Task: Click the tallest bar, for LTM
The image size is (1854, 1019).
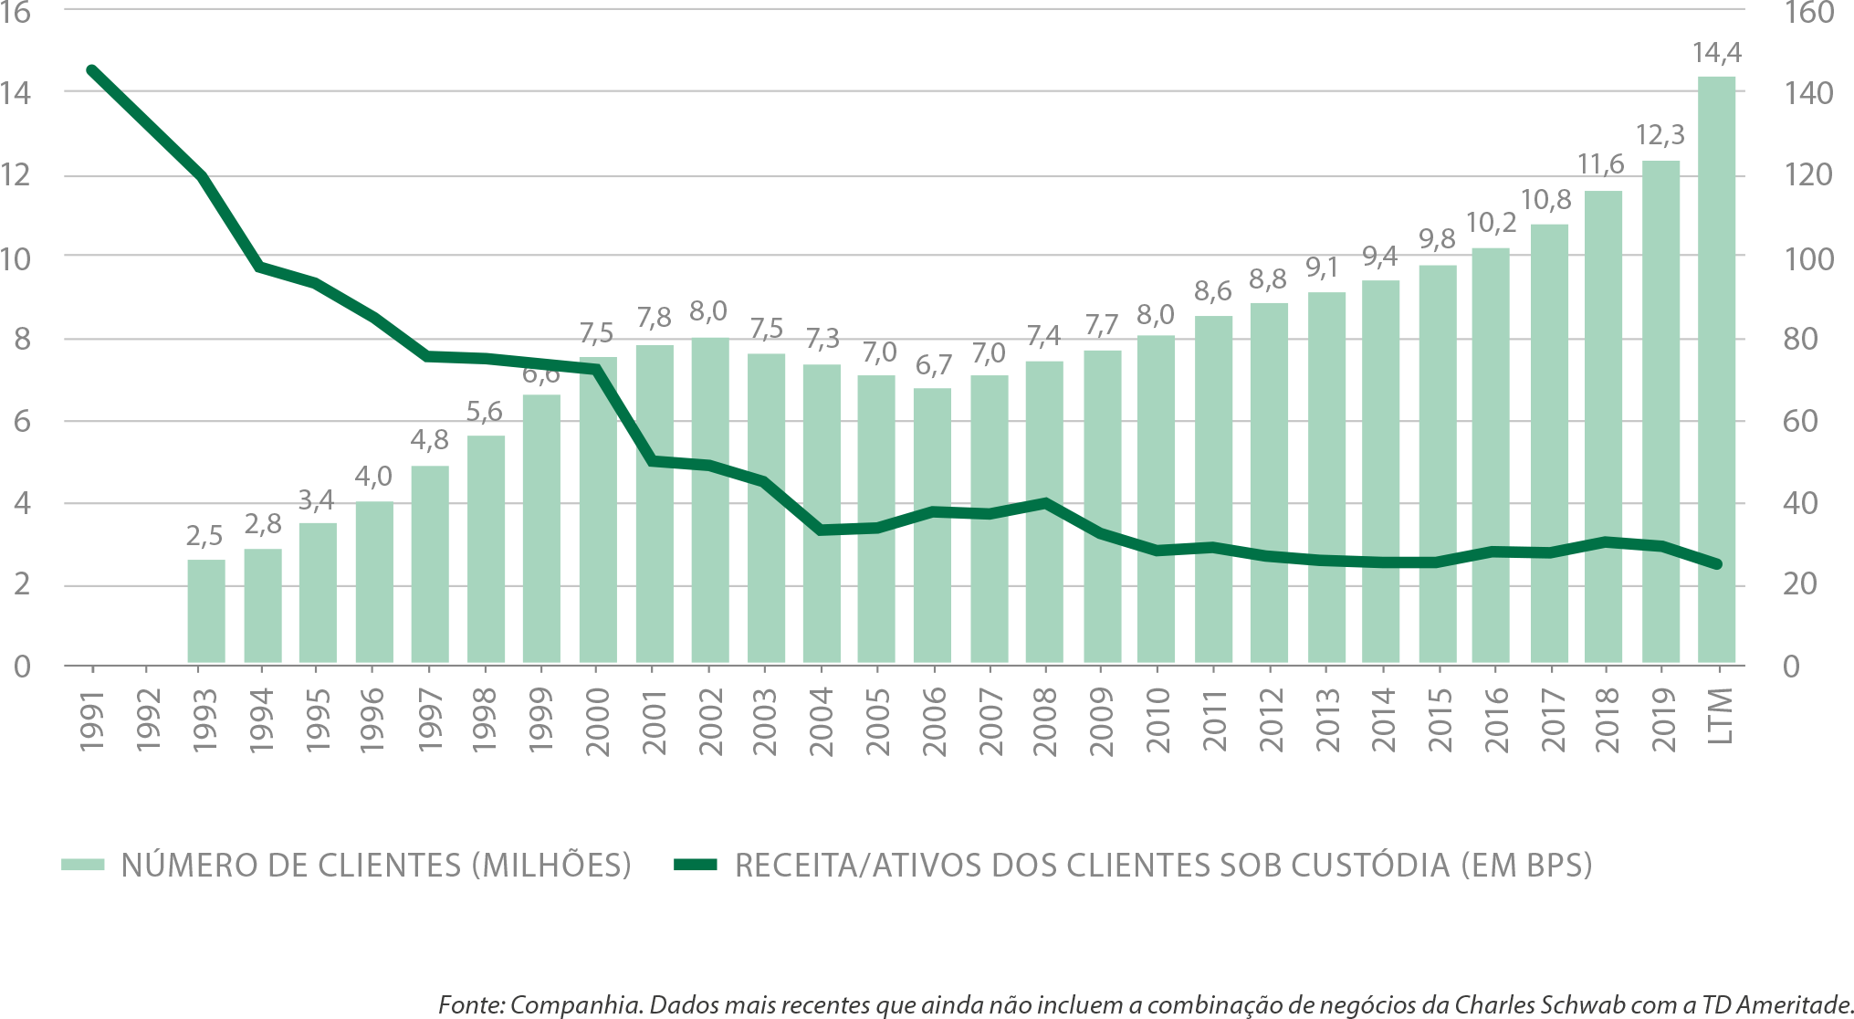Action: tap(1716, 365)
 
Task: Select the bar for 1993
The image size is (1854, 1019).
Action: tap(206, 612)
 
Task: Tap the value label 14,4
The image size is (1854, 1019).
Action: tap(1716, 53)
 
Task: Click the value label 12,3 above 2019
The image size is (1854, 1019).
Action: tap(1660, 136)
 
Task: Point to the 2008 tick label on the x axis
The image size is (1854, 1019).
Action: tap(1044, 722)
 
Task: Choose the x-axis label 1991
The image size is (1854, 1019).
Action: tap(92, 722)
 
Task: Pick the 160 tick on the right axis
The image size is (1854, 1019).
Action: tap(1807, 14)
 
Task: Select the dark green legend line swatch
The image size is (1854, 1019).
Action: tap(696, 865)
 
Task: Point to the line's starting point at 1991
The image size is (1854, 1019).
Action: tap(91, 69)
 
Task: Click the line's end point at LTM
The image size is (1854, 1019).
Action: tap(1717, 564)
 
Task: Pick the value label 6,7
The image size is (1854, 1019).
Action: tap(933, 365)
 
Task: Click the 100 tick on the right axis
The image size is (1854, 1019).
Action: tap(1807, 259)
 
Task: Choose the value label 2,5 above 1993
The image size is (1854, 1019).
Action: tap(204, 536)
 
